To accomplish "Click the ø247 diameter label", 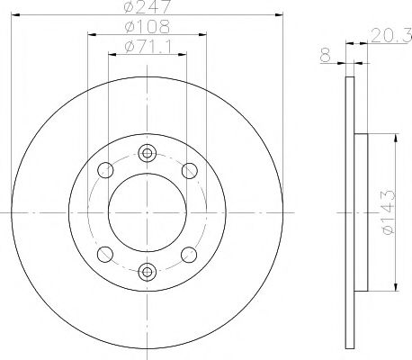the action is click(148, 6).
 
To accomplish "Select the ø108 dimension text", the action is click(148, 26).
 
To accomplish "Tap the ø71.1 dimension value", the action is click(148, 47).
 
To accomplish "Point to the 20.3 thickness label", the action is click(391, 36).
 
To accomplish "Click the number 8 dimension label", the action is click(325, 56).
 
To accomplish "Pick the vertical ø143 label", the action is click(390, 211).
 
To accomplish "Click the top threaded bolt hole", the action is click(147, 153).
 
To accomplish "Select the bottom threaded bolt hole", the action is click(147, 272).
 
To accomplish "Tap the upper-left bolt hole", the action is click(105, 170).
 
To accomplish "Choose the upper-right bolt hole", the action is click(190, 171).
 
